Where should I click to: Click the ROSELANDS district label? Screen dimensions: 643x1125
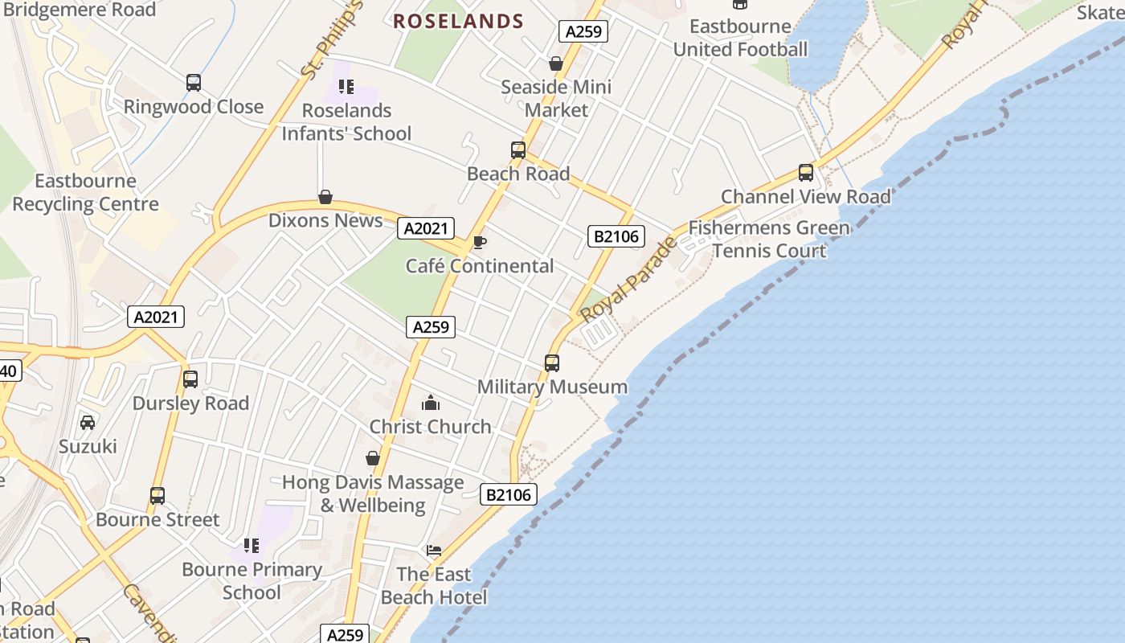(x=458, y=22)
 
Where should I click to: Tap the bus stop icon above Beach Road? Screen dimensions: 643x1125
(x=518, y=150)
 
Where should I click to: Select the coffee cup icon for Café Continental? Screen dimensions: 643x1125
(x=480, y=242)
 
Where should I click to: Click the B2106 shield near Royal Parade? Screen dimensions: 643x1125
(x=616, y=236)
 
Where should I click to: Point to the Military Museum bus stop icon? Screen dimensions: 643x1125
(x=552, y=363)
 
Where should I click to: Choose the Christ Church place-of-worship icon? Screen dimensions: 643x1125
(x=431, y=403)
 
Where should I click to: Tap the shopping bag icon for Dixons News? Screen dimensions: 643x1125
(x=325, y=197)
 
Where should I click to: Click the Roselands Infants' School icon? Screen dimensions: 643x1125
(x=346, y=87)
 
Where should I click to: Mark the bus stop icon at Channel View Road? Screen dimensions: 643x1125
(x=806, y=173)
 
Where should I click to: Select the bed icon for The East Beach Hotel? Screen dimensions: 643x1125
(x=434, y=551)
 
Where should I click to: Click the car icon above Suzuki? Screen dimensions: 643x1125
(x=88, y=423)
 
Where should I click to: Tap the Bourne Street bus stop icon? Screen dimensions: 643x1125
(x=157, y=496)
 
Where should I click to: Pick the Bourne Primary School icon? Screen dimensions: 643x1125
(x=252, y=547)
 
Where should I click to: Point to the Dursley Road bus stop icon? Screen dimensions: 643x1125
(x=190, y=379)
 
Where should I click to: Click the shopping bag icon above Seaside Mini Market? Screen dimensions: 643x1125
(x=555, y=63)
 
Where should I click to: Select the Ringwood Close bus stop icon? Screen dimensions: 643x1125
(x=194, y=83)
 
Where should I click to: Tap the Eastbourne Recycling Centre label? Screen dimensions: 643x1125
(x=85, y=192)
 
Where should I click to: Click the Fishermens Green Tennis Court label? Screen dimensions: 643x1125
(x=769, y=240)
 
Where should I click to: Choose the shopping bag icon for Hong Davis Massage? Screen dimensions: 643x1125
(x=373, y=459)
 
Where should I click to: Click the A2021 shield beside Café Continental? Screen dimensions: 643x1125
(x=426, y=229)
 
